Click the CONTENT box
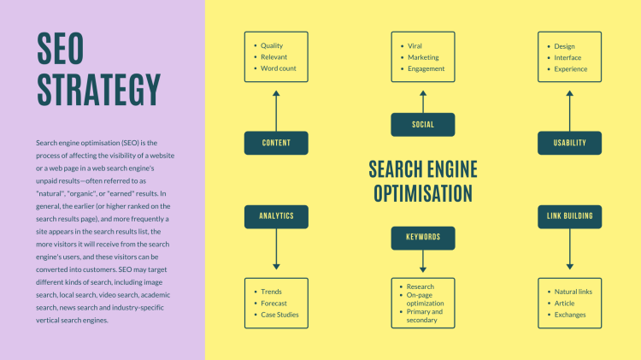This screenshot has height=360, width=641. [x=276, y=143]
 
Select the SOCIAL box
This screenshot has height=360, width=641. [x=423, y=124]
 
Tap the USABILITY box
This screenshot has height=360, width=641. [x=569, y=143]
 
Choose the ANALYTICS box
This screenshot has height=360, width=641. [x=276, y=216]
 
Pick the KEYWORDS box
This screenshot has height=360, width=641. [x=423, y=238]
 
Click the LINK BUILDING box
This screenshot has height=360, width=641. [x=569, y=216]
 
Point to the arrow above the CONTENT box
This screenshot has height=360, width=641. [x=276, y=111]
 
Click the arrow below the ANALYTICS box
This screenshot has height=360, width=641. [x=276, y=249]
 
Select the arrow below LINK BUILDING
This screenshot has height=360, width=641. [x=569, y=249]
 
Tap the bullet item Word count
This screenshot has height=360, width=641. [x=279, y=68]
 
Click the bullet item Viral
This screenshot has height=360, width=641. [x=415, y=46]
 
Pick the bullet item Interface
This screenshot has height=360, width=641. [x=567, y=57]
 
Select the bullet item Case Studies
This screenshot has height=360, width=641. [x=279, y=315]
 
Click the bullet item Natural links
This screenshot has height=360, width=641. [x=573, y=292]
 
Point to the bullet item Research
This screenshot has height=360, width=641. [x=420, y=286]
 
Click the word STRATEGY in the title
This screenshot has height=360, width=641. [x=99, y=90]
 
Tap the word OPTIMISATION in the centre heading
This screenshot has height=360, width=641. [x=423, y=193]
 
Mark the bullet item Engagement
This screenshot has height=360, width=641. [x=426, y=68]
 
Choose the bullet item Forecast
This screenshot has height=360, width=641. [x=273, y=304]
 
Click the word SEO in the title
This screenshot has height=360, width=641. [x=60, y=48]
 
